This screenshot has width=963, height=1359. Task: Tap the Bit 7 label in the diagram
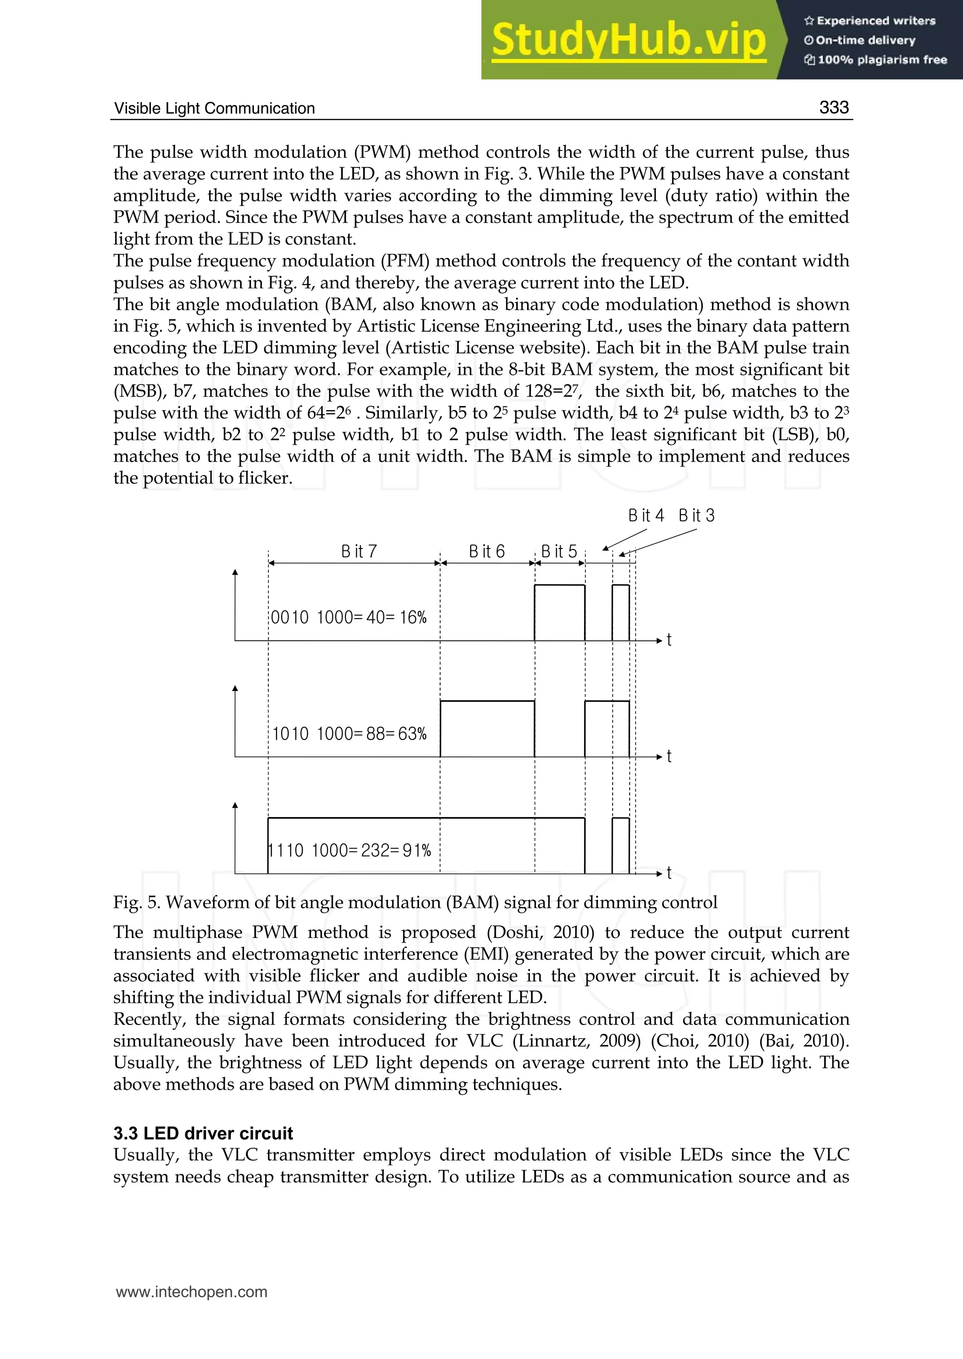pyautogui.click(x=359, y=552)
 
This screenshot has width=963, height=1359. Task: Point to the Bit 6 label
pyautogui.click(x=486, y=552)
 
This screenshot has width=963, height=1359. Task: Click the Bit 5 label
pyautogui.click(x=559, y=552)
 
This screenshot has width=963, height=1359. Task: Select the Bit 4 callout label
pyautogui.click(x=646, y=516)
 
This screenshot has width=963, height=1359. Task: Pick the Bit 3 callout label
pyautogui.click(x=697, y=516)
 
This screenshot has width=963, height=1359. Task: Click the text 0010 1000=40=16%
pyautogui.click(x=349, y=618)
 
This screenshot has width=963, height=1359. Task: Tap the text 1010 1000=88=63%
pyautogui.click(x=349, y=734)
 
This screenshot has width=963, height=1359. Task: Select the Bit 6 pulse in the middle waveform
pyautogui.click(x=487, y=729)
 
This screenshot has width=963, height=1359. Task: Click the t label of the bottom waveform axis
pyautogui.click(x=669, y=873)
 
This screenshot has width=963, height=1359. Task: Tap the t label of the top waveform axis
pyautogui.click(x=669, y=640)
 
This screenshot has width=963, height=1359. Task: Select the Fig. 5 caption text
pyautogui.click(x=415, y=902)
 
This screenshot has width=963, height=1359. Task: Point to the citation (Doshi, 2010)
pyautogui.click(x=540, y=932)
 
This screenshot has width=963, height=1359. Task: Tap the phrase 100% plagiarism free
pyautogui.click(x=882, y=60)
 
